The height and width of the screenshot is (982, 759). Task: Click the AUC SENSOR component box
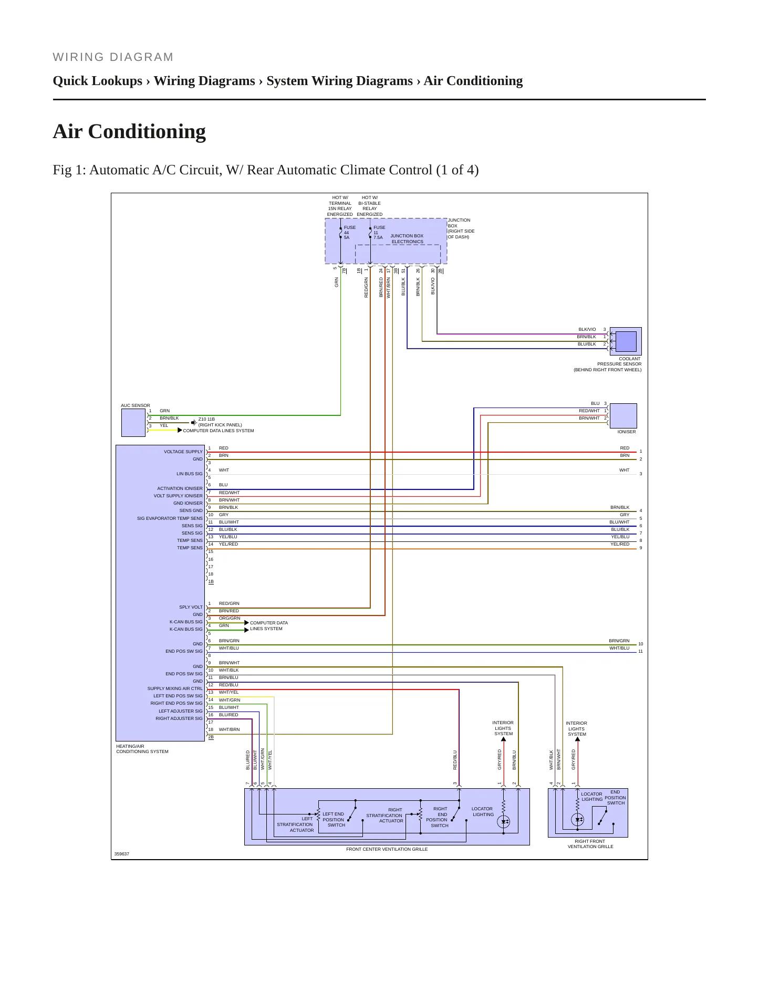(x=133, y=423)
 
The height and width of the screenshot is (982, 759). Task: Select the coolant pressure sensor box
(x=626, y=341)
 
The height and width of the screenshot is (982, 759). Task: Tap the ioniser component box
(x=623, y=416)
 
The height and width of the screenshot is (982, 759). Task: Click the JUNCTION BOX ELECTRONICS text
(x=407, y=239)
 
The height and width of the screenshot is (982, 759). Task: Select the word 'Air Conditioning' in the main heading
(x=129, y=131)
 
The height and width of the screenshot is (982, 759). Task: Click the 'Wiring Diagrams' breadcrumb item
(x=204, y=81)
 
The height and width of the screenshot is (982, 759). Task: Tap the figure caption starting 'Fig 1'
(x=266, y=170)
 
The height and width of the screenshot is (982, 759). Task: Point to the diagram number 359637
(x=122, y=854)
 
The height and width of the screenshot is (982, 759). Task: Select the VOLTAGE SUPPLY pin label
(x=183, y=452)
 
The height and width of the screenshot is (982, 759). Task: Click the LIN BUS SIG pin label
(x=190, y=474)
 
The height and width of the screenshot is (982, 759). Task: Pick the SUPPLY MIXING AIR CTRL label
(x=175, y=688)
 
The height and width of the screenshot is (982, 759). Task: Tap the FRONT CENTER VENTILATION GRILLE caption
(x=387, y=849)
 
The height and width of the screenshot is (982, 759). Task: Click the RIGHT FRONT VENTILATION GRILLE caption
(x=590, y=844)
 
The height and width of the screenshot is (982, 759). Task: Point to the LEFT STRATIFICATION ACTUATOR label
(x=295, y=824)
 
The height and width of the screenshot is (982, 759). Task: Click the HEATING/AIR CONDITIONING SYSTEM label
(x=142, y=749)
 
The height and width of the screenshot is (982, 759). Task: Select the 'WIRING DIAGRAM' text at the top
(x=113, y=57)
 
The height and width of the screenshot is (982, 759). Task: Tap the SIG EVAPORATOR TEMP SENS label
(x=170, y=518)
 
